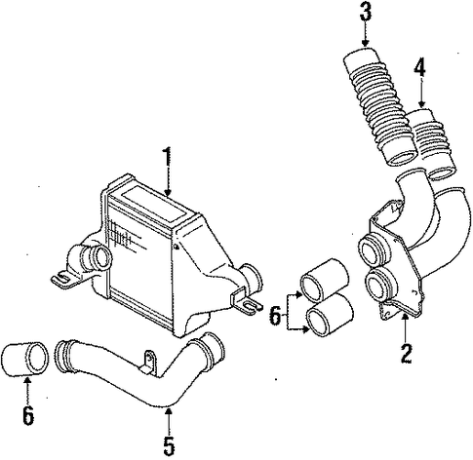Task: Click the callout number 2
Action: [x=407, y=353]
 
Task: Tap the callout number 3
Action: [x=366, y=11]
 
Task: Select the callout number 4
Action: [x=419, y=68]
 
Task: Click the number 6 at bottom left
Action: [x=28, y=414]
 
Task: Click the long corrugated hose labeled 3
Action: [x=377, y=105]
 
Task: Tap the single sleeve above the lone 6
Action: [x=25, y=359]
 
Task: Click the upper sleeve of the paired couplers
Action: [x=324, y=279]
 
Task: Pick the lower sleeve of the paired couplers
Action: [x=330, y=314]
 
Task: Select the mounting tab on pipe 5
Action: [x=148, y=363]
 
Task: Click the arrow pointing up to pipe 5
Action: [x=169, y=420]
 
